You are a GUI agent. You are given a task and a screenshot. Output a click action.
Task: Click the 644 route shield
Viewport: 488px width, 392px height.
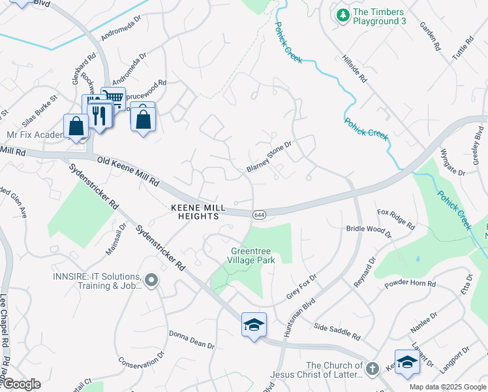coord(259,214)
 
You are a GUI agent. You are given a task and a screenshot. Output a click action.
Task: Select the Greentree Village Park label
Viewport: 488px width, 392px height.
coord(253,255)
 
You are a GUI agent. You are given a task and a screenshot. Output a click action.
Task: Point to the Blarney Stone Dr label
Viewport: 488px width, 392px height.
coord(268,159)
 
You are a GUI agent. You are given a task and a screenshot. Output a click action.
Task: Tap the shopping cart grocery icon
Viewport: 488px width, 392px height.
coord(114,99)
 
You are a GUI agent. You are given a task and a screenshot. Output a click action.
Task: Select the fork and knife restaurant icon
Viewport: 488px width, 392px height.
coord(99,115)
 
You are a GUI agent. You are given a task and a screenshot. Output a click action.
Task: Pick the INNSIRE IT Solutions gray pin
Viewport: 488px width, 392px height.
coord(151,280)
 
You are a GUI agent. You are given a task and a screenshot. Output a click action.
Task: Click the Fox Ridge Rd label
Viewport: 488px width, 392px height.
coord(396,219)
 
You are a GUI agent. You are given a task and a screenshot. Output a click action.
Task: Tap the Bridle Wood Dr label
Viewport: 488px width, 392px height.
coord(369,231)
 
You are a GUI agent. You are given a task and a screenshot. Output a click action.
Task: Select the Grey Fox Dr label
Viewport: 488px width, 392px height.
coord(301,287)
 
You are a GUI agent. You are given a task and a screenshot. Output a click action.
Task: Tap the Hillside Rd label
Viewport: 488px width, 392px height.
coord(355,68)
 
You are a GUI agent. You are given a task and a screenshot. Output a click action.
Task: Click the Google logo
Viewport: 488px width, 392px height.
coord(21,384)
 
